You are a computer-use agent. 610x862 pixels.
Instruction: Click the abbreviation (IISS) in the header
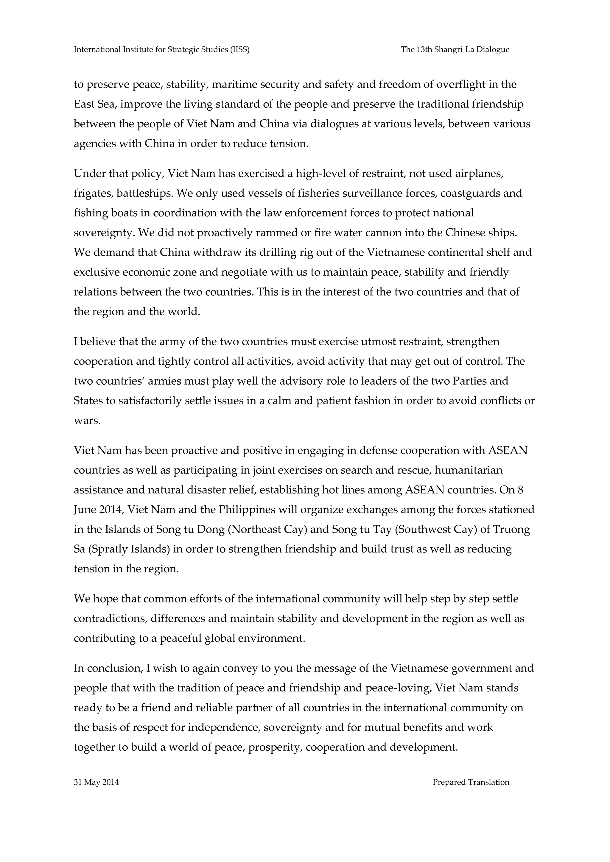240,49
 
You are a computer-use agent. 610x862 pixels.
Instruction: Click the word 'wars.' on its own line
87,421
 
